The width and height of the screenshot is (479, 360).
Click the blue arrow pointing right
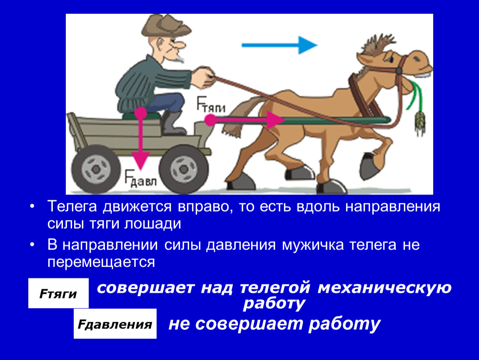pyautogui.click(x=279, y=45)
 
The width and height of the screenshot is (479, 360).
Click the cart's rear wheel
pyautogui.click(x=96, y=169)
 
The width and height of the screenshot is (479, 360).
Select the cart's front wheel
pyautogui.click(x=184, y=169)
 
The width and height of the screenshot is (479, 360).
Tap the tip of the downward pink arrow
pyautogui.click(x=140, y=170)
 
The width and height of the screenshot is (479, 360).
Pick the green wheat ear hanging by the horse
pyautogui.click(x=420, y=122)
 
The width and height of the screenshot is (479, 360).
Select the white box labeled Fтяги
pyautogui.click(x=58, y=293)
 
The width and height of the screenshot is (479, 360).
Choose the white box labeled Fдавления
pyautogui.click(x=115, y=324)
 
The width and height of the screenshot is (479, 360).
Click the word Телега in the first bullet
pyautogui.click(x=72, y=207)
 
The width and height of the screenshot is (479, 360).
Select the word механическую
pyautogui.click(x=384, y=287)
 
